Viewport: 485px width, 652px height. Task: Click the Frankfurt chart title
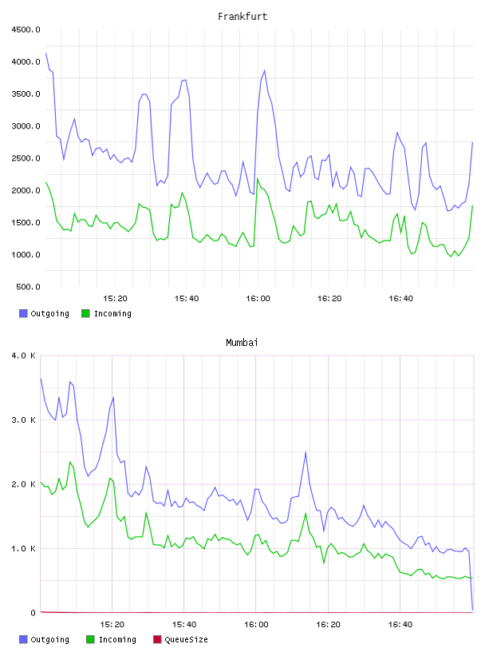242,16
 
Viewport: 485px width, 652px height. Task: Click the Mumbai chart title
242,342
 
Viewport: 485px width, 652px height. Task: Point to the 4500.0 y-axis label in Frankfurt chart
26,30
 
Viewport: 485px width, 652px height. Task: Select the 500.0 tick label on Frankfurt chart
28,287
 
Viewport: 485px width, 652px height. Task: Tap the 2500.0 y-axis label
26,158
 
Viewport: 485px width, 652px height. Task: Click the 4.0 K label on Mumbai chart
24,356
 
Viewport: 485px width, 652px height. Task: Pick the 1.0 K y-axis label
24,548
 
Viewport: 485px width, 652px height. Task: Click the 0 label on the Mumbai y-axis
34,613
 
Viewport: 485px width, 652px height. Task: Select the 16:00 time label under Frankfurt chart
258,299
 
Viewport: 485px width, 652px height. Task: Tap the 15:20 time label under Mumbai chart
112,625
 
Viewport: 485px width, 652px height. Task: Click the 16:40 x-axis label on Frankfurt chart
400,299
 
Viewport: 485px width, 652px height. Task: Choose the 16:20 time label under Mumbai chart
328,625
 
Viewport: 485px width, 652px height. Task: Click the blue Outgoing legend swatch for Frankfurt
23,313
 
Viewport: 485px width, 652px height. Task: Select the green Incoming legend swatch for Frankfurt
85,313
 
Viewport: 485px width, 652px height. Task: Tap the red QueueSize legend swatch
157,639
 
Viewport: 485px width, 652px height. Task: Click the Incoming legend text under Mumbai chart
117,639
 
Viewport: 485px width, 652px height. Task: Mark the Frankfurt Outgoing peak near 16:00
265,70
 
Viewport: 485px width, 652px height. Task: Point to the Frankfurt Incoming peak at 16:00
258,178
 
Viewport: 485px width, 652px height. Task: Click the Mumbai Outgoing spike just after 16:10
306,452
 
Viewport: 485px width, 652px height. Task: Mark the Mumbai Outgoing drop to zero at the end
472,610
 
